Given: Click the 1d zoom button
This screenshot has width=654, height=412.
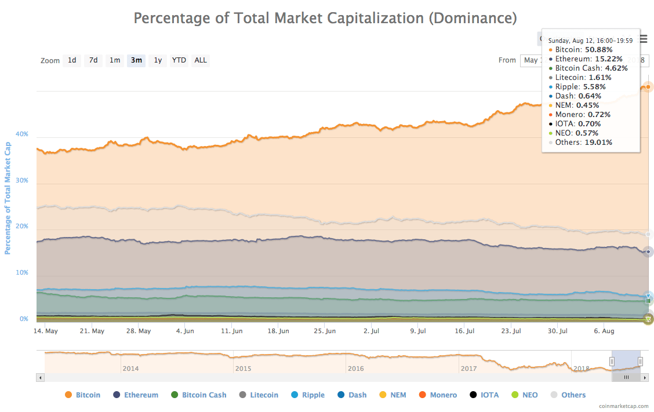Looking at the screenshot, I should point(72,60).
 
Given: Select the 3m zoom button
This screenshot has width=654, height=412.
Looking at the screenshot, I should point(136,60).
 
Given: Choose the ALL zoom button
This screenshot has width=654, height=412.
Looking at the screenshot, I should point(201,60).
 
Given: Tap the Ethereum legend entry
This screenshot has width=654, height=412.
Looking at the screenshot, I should point(136,395).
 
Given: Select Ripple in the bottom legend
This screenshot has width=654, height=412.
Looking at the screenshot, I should point(308,395).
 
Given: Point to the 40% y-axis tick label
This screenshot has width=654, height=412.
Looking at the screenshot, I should point(22,134).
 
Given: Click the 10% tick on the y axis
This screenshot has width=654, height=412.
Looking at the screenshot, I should point(22,273).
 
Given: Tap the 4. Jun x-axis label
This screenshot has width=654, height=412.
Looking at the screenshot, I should point(185,331).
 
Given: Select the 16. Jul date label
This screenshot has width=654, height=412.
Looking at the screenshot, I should point(465,331).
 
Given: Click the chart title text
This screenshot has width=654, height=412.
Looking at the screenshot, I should point(325,18).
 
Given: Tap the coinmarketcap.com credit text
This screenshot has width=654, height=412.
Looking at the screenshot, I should point(624,407).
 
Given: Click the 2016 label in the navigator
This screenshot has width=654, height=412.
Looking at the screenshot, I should point(355,369).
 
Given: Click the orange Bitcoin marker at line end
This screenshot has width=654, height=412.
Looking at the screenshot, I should point(648,87).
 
